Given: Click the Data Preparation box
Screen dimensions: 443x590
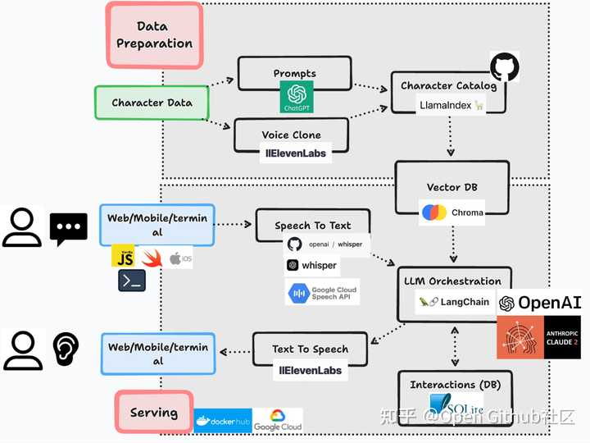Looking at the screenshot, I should pos(154,34).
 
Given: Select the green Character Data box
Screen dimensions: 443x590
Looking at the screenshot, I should pos(152,103).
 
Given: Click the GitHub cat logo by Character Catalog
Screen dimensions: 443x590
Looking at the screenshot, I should pos(505,67).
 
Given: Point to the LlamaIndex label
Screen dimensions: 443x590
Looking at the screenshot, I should pos(449,106).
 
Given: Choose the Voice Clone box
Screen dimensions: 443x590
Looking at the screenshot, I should pos(292,135).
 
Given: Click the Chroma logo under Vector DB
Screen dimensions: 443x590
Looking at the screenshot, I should pos(434,212).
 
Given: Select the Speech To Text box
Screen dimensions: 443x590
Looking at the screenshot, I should pos(312,225).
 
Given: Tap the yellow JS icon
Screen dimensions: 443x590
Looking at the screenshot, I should pos(123,255).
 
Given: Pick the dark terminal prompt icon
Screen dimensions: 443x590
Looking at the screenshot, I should pos(132,281).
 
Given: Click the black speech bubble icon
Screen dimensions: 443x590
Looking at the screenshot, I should pos(68,229).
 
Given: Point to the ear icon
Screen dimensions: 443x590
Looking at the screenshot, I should pos(66,349).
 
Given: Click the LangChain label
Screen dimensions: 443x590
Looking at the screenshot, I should pos(454,302).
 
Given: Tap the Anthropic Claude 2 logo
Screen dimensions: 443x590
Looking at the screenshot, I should pos(538,337).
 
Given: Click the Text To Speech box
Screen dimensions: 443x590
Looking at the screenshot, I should pos(310,349).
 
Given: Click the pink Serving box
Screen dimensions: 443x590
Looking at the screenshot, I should pos(154,412).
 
